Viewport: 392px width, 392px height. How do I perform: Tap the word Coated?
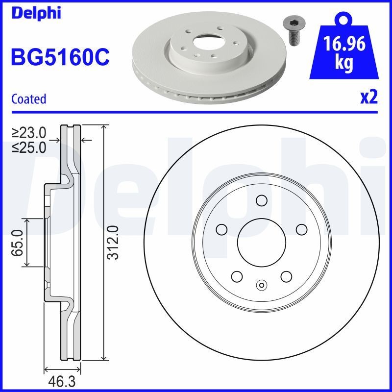click(28, 99)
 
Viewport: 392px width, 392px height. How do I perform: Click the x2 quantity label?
click(368, 98)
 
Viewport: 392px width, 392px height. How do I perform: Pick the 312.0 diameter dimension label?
click(113, 243)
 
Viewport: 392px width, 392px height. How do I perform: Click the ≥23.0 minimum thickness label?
click(29, 133)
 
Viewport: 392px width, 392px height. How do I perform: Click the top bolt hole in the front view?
click(261, 200)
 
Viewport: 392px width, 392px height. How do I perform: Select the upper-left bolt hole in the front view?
click(221, 229)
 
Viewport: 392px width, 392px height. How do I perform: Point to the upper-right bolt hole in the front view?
click(301, 229)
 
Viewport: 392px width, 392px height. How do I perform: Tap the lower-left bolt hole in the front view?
click(236, 276)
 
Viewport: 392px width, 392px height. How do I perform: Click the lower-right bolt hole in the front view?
click(286, 276)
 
